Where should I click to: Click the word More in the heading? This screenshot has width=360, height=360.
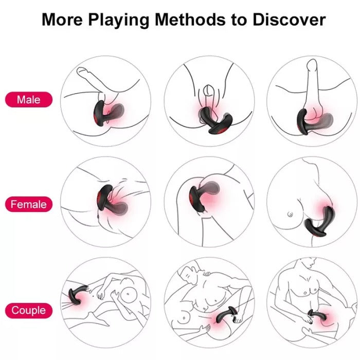[x=63, y=20]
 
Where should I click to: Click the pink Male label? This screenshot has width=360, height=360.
[x=29, y=99]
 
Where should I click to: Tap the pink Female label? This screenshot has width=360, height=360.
[x=29, y=204]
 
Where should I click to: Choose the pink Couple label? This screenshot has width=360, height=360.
[x=29, y=310]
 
